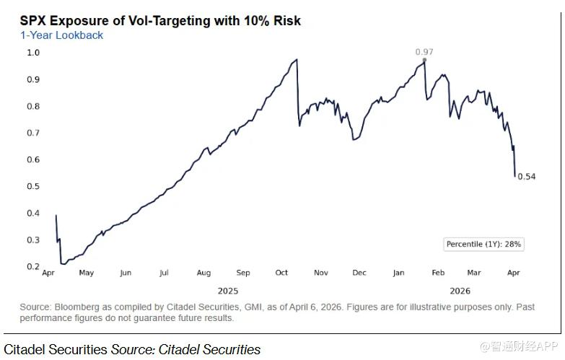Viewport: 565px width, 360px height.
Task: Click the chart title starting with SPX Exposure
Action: [x=160, y=21]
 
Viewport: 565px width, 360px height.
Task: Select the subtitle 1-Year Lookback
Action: [x=61, y=35]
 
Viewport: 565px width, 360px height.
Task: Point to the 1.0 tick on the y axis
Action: [x=33, y=53]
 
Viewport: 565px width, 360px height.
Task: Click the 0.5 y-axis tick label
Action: [x=33, y=186]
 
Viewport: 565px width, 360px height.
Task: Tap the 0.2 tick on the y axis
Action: [x=33, y=266]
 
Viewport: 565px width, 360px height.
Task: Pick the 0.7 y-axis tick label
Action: [x=33, y=133]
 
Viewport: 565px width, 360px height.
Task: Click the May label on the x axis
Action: [x=86, y=273]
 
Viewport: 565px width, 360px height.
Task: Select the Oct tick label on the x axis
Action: [x=281, y=273]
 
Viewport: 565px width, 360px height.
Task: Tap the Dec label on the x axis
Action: [x=359, y=273]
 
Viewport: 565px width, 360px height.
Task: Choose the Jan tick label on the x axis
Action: [x=398, y=273]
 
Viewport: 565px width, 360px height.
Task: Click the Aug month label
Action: [x=203, y=273]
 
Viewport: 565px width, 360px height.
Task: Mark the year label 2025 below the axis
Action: [x=227, y=291]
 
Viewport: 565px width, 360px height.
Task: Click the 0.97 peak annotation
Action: [x=425, y=52]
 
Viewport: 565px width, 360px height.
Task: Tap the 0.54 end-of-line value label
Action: [x=527, y=177]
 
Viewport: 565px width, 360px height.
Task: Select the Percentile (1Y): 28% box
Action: [x=483, y=245]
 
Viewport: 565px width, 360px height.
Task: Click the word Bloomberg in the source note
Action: [x=72, y=307]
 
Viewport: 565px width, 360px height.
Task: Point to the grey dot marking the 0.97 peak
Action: [x=424, y=60]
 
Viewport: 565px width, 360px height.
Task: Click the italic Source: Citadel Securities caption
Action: [x=185, y=350]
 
